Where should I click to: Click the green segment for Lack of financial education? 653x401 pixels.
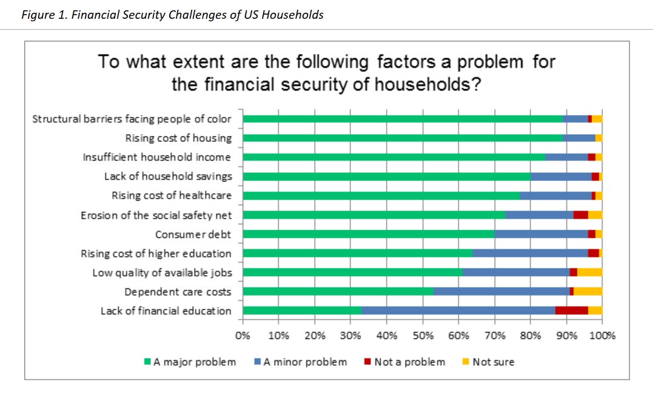click(x=303, y=311)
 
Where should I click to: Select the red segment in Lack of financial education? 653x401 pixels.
click(x=571, y=311)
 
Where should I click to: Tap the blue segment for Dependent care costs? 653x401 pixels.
click(x=501, y=291)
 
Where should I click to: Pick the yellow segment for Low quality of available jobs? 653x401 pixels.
click(x=590, y=272)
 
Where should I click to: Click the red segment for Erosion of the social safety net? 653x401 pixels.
click(x=580, y=215)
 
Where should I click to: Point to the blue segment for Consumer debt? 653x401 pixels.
click(x=541, y=234)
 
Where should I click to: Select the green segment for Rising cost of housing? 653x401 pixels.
click(x=403, y=138)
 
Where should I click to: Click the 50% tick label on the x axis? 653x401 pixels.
click(x=423, y=335)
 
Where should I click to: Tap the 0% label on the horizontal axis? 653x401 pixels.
click(x=243, y=335)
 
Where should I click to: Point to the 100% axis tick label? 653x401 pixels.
click(x=602, y=335)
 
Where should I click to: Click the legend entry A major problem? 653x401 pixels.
click(x=190, y=362)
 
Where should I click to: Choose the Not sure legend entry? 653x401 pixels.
click(x=488, y=362)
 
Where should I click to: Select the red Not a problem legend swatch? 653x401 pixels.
click(x=367, y=362)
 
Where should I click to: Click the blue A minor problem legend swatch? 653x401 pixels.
click(x=257, y=362)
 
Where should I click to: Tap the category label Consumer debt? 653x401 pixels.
click(x=193, y=234)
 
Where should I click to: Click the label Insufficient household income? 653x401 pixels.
click(x=156, y=157)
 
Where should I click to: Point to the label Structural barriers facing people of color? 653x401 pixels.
click(x=132, y=120)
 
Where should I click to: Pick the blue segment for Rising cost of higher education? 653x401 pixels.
click(x=530, y=253)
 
